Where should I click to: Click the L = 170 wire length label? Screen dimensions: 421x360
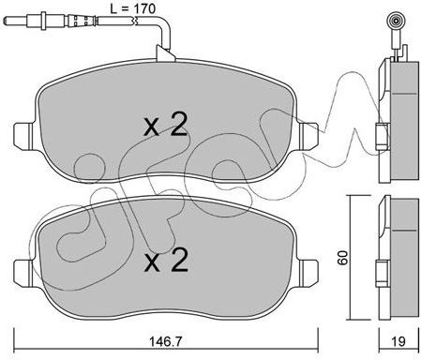click(x=133, y=8)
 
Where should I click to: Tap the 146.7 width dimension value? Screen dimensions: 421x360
click(x=165, y=341)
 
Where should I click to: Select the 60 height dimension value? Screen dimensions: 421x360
click(x=343, y=258)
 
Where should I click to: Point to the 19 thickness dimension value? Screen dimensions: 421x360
click(x=398, y=341)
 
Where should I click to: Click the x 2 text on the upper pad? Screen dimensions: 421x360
click(x=166, y=125)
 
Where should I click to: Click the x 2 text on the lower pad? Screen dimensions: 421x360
click(x=166, y=260)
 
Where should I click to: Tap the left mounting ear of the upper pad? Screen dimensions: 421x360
click(x=23, y=134)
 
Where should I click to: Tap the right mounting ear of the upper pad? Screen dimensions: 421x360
click(x=308, y=134)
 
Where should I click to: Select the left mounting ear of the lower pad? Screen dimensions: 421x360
click(x=23, y=271)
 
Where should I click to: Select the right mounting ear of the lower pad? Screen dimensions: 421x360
click(x=308, y=271)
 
